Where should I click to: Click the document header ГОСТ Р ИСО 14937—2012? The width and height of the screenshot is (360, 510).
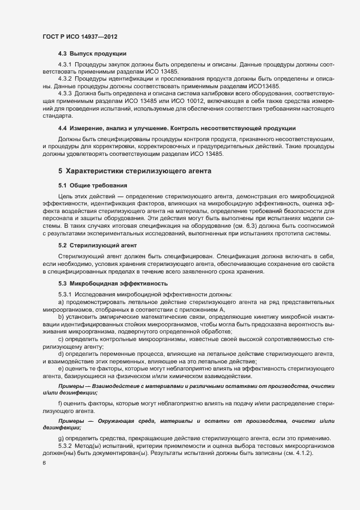[81, 37]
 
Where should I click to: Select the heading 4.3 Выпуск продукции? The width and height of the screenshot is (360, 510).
[93, 53]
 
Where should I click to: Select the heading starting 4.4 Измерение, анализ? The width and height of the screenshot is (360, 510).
[177, 128]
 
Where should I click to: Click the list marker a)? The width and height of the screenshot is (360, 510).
[61, 302]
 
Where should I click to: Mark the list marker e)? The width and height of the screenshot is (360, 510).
[61, 369]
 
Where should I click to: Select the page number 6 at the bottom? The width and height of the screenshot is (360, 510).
[44, 464]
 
